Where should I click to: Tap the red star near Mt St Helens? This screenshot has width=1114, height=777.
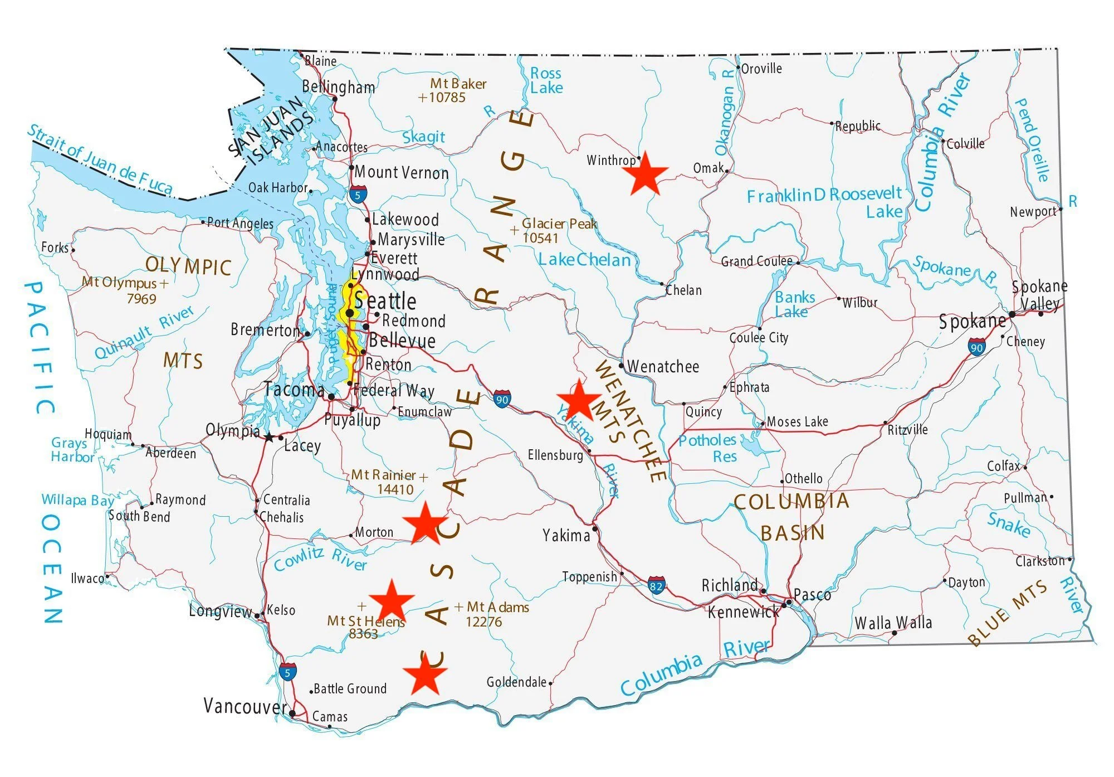(392, 601)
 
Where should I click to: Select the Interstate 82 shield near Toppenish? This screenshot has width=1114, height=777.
(656, 586)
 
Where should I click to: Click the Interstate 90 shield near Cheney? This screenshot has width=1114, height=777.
(976, 348)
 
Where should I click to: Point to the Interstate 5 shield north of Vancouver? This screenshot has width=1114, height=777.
(287, 672)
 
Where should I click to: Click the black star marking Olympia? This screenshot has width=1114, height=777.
(270, 438)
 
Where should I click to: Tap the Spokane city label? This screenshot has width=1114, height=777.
(972, 322)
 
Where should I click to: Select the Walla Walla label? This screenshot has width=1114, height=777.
(893, 623)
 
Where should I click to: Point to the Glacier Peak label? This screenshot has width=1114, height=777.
(559, 224)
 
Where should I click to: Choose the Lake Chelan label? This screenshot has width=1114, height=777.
(584, 260)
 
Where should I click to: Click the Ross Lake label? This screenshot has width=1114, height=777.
(546, 81)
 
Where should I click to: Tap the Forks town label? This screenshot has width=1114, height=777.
(55, 247)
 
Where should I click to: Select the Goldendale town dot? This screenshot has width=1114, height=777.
(550, 683)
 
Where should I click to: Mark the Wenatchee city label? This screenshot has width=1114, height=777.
(663, 367)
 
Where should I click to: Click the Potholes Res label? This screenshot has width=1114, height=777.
(708, 448)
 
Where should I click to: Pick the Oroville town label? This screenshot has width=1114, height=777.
(761, 69)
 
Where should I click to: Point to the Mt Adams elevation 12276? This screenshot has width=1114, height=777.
(483, 621)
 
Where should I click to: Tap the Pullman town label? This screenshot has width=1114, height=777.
(1025, 498)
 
